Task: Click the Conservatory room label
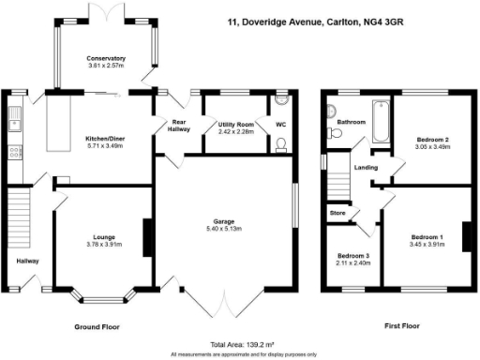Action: click(107, 58)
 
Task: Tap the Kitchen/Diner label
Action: click(106, 139)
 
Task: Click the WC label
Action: click(280, 124)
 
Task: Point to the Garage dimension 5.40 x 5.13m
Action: click(223, 229)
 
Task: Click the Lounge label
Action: click(104, 237)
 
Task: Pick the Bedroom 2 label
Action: click(432, 141)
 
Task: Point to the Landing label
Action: click(366, 169)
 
